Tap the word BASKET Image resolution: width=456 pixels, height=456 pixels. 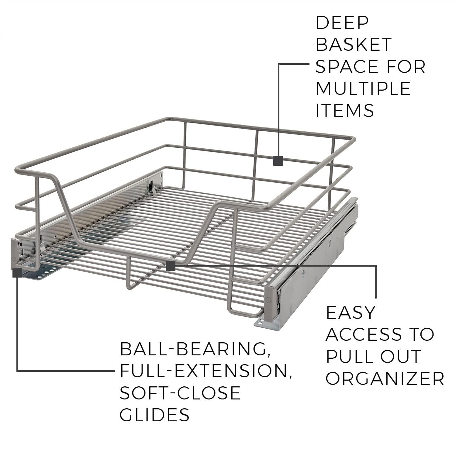[353, 44]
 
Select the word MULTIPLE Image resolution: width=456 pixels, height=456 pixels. [363, 88]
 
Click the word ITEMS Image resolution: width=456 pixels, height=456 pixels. [345, 110]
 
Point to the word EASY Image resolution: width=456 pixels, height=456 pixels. [351, 313]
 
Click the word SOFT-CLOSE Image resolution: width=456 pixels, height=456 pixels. [180, 393]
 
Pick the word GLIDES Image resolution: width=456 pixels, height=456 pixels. [155, 415]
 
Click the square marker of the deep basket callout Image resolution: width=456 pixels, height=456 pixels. [278, 161]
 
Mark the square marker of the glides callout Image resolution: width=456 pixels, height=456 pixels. [17, 272]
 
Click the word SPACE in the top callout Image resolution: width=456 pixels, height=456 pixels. [347, 66]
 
